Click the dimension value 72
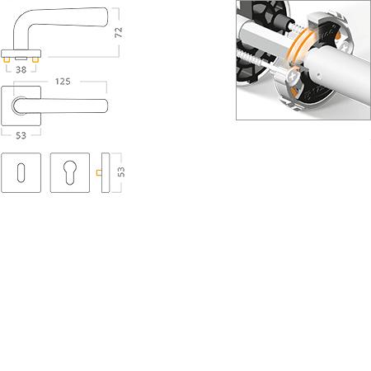118,32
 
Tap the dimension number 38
21,70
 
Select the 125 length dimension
63,82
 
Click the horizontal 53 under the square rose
21,135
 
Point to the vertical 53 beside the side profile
121,172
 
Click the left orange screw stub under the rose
7,59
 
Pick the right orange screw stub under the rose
35,59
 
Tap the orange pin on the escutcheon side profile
99,172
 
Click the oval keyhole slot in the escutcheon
21,172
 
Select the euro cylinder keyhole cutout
70,172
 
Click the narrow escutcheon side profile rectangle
106,172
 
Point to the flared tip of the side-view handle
105,17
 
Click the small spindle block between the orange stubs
21,59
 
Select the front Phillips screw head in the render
293,77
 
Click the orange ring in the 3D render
298,44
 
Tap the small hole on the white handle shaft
318,74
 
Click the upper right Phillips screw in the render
345,46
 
